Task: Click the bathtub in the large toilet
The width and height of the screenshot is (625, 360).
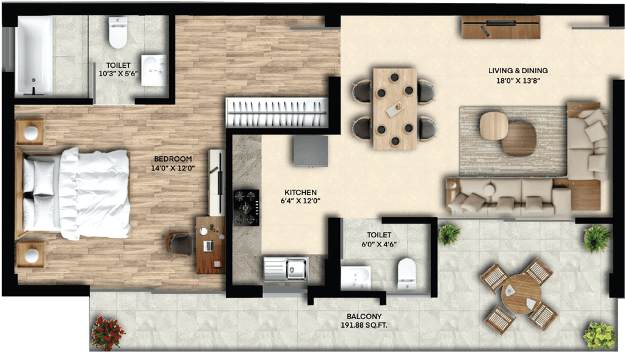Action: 34,56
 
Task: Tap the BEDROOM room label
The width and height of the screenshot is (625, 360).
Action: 173,159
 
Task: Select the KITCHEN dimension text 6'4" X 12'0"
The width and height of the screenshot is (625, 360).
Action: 300,201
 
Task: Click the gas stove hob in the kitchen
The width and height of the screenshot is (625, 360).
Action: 247,207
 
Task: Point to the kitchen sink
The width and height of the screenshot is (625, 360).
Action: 286,268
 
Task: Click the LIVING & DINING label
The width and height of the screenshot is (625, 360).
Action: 518,71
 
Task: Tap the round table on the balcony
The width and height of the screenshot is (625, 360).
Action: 521,295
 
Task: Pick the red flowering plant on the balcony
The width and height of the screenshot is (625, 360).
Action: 107,333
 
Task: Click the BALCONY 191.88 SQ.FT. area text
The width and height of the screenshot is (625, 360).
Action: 364,321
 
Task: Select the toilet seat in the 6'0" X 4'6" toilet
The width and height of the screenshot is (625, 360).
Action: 407,274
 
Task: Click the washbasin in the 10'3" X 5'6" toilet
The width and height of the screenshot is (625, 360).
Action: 153,71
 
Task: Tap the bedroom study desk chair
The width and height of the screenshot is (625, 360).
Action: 179,243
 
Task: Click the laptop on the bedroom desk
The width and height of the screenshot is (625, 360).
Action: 208,246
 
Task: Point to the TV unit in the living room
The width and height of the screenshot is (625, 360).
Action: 500,27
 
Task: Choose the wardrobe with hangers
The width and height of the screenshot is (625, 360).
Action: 276,112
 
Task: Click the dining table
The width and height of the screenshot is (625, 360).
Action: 395,109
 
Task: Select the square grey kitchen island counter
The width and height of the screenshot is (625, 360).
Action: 311,151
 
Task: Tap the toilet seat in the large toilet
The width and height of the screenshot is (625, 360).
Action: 118,32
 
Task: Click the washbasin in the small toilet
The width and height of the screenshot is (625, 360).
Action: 356,278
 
